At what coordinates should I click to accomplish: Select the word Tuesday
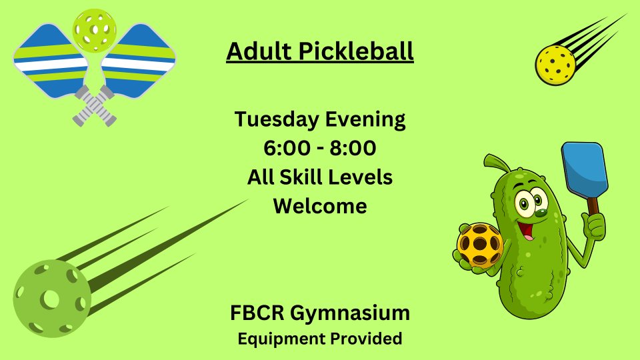(x=277, y=119)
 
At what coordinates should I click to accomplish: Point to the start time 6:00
(x=287, y=148)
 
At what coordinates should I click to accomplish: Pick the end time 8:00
(x=353, y=148)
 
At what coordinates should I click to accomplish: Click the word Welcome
(x=320, y=206)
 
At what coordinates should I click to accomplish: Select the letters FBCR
(x=257, y=313)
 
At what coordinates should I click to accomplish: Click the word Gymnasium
(x=350, y=314)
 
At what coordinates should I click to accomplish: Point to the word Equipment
(x=281, y=339)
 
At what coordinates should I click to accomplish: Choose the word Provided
(x=366, y=339)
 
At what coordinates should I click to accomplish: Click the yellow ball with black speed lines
(x=555, y=65)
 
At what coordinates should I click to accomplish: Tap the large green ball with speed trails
(x=52, y=299)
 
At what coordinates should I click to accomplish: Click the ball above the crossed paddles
(x=95, y=30)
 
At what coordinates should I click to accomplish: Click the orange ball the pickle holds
(x=480, y=245)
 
